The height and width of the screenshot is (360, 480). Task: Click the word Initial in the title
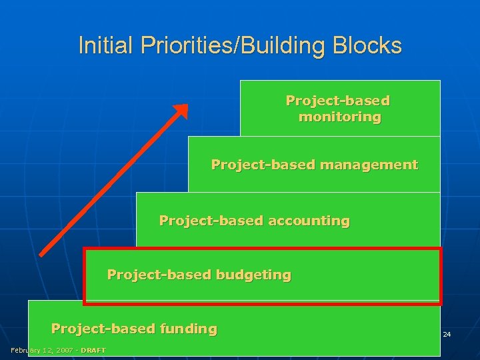pos(96,45)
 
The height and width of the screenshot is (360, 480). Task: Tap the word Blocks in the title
pos(371,45)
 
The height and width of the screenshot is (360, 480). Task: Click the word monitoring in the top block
pos(340,117)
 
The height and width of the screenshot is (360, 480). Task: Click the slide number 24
pos(447,334)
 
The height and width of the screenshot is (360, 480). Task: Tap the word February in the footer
pos(25,351)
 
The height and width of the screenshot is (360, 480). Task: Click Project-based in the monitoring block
pos(337,101)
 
